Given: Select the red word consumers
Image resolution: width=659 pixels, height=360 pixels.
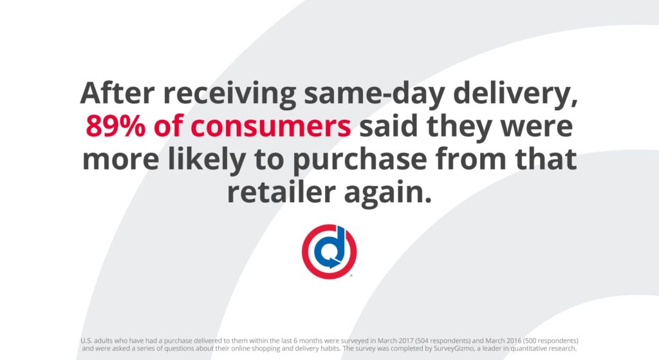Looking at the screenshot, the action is point(270,126).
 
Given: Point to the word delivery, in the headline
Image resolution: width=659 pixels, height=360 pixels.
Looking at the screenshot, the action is point(515,94).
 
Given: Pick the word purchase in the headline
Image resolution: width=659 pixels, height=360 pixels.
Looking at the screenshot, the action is point(360,160).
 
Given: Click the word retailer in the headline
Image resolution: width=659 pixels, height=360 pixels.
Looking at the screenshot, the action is point(281,192).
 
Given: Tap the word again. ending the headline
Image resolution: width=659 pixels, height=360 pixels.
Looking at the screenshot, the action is point(388,193).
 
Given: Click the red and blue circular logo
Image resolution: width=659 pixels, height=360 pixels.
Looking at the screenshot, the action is point(329,252).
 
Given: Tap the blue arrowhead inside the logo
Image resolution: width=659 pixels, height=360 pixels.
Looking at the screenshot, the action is point(334,263).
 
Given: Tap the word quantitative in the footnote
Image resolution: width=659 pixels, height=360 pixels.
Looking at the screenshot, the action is point(530,348).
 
